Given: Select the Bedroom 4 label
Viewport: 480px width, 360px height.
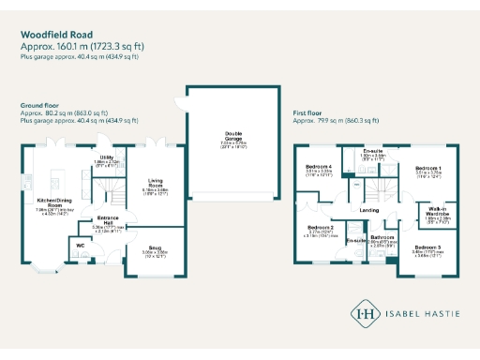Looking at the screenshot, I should point(320,166).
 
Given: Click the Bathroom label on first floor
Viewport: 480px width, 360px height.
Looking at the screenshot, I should point(382,237).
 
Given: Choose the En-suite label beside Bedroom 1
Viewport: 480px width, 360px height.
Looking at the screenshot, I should point(374,150).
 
